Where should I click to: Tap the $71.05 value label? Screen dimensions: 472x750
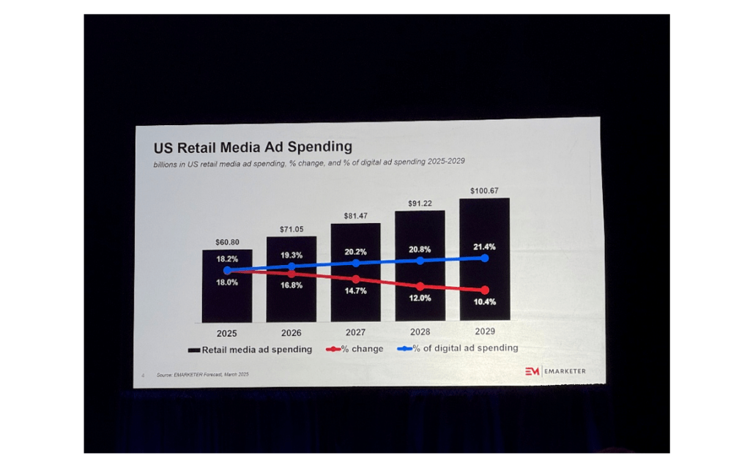(x=292, y=229)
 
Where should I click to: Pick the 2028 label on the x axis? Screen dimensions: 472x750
(x=420, y=331)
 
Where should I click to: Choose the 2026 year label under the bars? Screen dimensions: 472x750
(x=292, y=333)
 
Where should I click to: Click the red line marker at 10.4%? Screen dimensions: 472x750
(x=484, y=291)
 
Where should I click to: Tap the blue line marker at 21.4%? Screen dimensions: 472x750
(x=484, y=258)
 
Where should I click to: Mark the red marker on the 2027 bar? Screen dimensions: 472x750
(x=356, y=280)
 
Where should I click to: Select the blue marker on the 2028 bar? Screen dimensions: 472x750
(x=420, y=261)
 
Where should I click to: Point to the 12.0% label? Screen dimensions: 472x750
(x=420, y=298)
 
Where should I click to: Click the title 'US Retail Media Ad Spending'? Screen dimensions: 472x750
(x=252, y=147)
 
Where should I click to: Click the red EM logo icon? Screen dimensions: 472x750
(x=532, y=372)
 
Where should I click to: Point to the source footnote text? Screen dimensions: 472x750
(x=202, y=375)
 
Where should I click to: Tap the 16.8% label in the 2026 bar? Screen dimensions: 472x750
(x=290, y=285)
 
